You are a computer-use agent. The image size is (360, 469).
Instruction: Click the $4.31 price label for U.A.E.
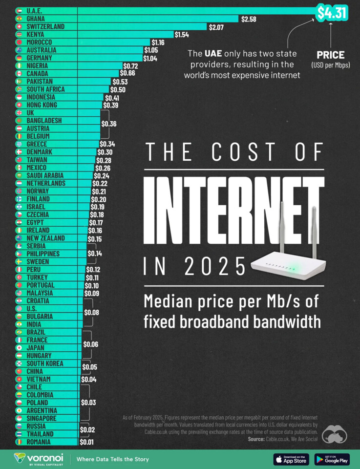[331, 12]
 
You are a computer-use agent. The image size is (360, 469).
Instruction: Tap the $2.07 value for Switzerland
[216, 26]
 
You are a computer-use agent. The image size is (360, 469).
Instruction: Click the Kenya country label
[35, 34]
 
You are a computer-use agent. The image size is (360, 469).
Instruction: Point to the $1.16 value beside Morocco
[158, 43]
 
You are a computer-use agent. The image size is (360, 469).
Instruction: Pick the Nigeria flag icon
[19, 65]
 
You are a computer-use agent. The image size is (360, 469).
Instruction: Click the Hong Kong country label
[42, 105]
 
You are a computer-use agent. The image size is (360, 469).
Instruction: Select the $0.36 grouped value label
[108, 124]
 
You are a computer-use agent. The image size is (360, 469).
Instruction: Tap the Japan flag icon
[19, 348]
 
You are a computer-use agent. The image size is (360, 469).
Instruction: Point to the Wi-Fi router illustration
[288, 252]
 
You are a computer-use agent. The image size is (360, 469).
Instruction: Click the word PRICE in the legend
[330, 55]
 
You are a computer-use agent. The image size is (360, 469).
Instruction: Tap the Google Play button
[332, 459]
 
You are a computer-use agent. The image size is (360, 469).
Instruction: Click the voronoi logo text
[45, 458]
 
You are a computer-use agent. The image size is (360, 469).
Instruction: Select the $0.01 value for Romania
[86, 442]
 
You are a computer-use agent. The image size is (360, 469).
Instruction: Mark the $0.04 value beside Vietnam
[89, 379]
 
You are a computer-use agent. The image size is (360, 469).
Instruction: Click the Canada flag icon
[19, 73]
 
